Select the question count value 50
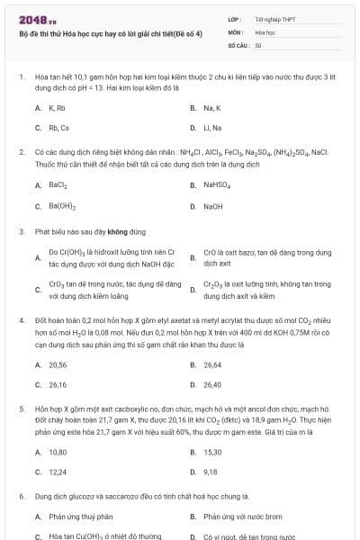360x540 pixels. (x=258, y=44)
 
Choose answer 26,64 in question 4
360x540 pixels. (x=212, y=364)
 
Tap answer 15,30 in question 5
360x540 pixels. (x=212, y=452)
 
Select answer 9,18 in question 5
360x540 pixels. (x=211, y=472)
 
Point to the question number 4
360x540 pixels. (x=21, y=319)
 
